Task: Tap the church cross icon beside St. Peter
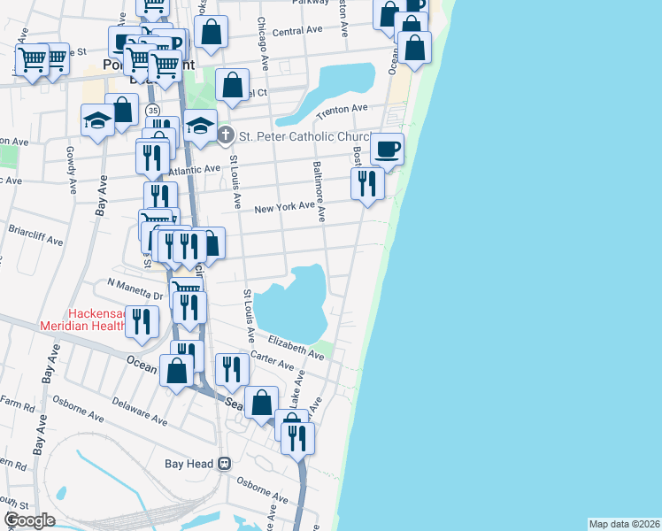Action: coord(226,135)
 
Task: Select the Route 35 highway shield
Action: coord(154,110)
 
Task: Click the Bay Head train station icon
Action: coord(226,463)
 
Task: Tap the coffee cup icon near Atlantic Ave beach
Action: coord(387,148)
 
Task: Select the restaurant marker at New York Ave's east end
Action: coord(366,183)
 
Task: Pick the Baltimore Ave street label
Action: coord(319,191)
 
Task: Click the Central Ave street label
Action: coord(297,31)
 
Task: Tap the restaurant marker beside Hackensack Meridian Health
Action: coord(142,321)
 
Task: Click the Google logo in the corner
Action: coord(29,519)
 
